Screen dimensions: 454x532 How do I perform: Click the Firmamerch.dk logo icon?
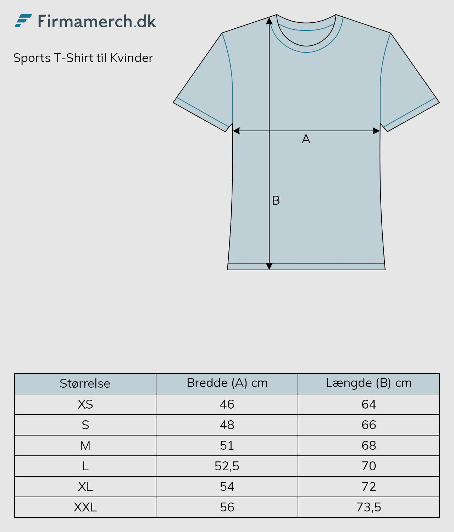coord(23,21)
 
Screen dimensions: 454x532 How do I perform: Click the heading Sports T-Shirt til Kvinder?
coord(83,58)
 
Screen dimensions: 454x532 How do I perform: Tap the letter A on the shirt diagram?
coord(306,139)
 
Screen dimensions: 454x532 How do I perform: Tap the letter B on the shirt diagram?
coord(276,200)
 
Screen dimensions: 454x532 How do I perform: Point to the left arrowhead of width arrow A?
coord(236,131)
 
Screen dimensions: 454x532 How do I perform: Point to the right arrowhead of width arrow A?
coord(376,131)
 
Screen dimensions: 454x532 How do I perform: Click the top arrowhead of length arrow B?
coord(269,21)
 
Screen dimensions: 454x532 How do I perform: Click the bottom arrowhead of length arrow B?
coord(269,266)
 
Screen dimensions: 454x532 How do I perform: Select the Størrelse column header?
coord(85,383)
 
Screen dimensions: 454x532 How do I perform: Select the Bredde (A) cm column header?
coord(227,383)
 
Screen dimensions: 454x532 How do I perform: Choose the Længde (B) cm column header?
coord(369,383)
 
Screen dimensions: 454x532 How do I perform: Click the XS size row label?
coord(85,404)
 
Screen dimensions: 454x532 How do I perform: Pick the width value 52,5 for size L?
coord(227,466)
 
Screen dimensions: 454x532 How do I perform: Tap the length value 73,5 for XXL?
coord(369,507)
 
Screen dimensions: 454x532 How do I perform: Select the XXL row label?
coord(85,507)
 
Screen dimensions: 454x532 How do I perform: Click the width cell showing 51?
coord(227,445)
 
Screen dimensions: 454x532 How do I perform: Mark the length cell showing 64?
coord(369,404)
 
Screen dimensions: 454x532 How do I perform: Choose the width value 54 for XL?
coord(227,487)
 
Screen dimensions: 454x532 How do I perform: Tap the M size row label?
coord(85,445)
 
